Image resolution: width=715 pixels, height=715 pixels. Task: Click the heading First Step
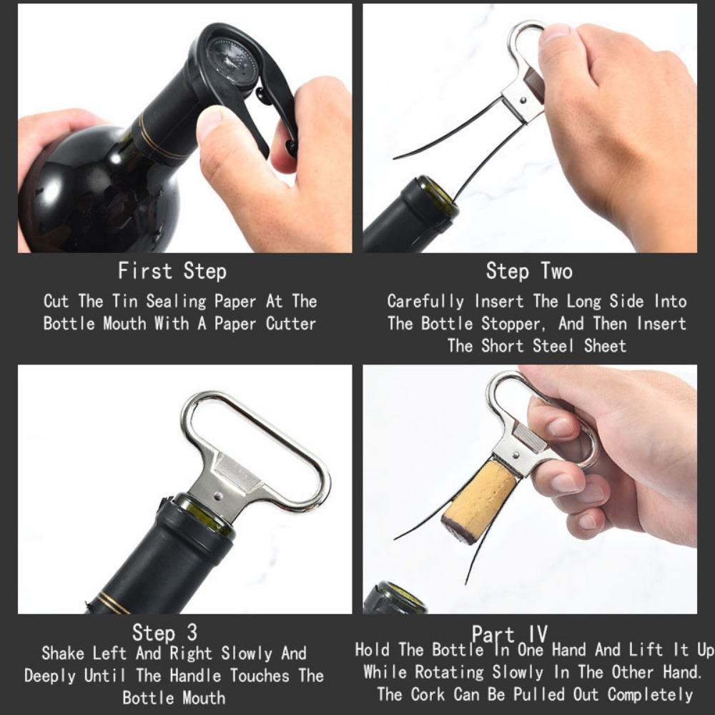click(x=172, y=272)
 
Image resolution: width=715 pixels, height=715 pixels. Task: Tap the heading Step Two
click(x=529, y=272)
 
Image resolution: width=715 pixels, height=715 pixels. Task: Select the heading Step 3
click(x=164, y=633)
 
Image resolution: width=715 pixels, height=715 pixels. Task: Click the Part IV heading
click(x=509, y=633)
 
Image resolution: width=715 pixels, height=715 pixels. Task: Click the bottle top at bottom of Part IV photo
click(x=395, y=599)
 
